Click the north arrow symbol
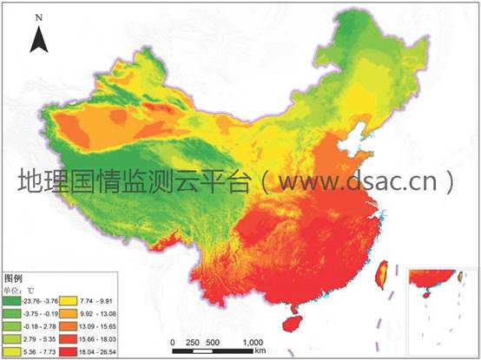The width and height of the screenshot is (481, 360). (38, 39)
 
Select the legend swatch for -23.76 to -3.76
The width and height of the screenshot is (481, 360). (16, 292)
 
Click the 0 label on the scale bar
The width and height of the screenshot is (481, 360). (174, 341)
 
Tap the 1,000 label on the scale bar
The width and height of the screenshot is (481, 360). (253, 341)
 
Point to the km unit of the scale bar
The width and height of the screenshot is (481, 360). (260, 352)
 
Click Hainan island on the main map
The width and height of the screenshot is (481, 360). (295, 323)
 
